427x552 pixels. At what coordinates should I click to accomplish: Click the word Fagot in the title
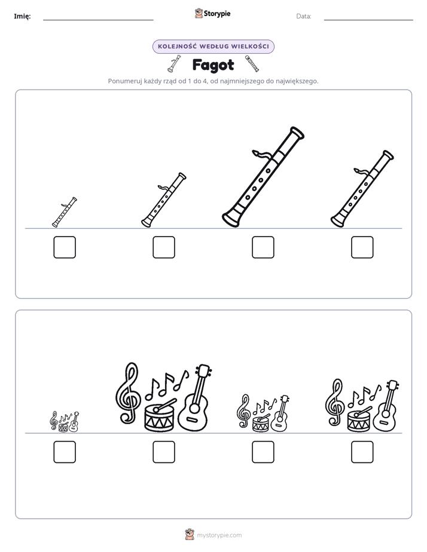tap(213, 65)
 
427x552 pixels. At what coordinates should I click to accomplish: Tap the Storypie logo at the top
tap(212, 13)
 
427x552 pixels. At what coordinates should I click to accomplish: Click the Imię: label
tap(22, 16)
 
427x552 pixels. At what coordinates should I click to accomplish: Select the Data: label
tap(304, 16)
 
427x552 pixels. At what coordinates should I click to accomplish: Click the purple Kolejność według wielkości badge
tap(213, 47)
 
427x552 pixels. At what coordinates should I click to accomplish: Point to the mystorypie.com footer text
tap(219, 535)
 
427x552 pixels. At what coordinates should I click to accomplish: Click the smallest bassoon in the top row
tap(65, 212)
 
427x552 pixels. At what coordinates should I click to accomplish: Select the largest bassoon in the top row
tap(263, 177)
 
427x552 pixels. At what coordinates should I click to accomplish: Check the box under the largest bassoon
tap(263, 247)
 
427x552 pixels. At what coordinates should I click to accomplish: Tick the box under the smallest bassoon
tap(65, 247)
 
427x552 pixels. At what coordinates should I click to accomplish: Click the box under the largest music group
tap(164, 452)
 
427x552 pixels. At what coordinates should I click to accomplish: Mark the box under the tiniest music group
tap(65, 452)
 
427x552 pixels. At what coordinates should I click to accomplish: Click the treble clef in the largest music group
tap(128, 393)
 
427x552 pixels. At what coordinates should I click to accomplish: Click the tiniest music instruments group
tap(65, 421)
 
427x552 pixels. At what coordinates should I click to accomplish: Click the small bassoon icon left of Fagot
tap(174, 64)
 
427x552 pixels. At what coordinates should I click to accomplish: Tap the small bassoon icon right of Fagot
tap(252, 64)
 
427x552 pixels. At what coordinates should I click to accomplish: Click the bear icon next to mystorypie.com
tap(190, 535)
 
